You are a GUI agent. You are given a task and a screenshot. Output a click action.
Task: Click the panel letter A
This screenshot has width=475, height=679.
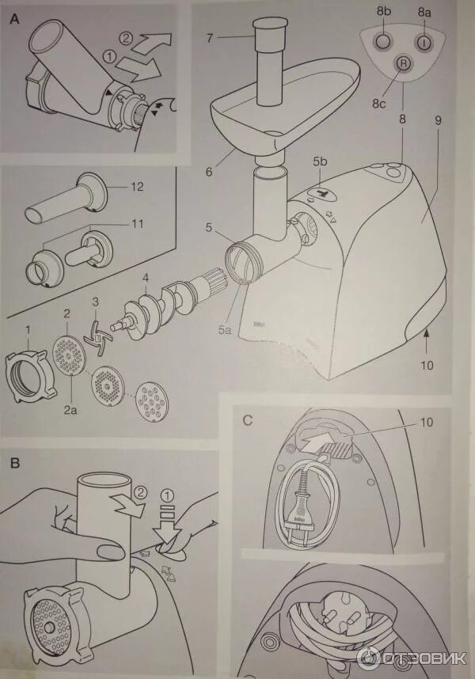[14, 21]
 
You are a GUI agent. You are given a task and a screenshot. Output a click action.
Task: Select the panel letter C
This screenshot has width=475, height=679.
[248, 420]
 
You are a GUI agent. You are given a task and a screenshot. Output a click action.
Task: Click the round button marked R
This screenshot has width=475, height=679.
[402, 63]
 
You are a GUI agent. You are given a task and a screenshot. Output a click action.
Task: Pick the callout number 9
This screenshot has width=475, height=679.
[437, 122]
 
